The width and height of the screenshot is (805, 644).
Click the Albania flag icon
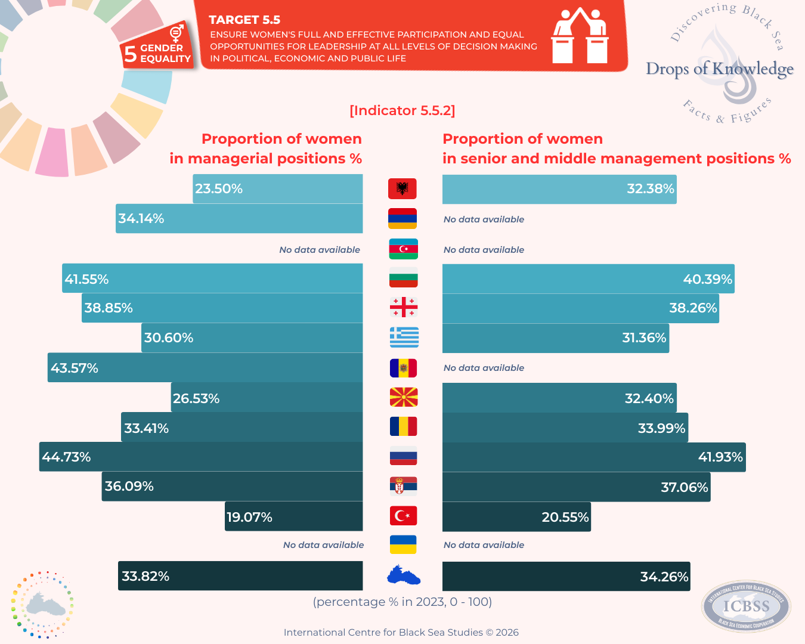click(x=402, y=188)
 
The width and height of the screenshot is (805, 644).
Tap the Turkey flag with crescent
click(x=403, y=516)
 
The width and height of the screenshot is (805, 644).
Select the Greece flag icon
click(x=404, y=338)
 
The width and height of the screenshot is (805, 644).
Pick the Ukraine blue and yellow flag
click(x=403, y=544)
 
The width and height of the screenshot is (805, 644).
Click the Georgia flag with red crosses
click(x=404, y=307)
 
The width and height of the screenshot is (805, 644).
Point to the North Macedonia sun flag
click(x=404, y=397)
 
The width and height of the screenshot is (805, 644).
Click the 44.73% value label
click(x=66, y=457)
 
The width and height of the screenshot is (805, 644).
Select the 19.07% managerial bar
click(x=294, y=516)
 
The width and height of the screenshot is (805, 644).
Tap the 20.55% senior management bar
click(x=516, y=517)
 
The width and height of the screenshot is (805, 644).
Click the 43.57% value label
click(x=75, y=368)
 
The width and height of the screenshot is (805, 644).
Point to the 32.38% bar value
click(x=650, y=189)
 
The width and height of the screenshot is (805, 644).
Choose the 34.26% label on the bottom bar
click(x=664, y=577)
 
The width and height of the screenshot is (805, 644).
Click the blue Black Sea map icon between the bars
click(x=404, y=576)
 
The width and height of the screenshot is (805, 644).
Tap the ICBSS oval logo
click(x=746, y=606)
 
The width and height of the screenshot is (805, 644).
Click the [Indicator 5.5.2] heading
click(x=402, y=110)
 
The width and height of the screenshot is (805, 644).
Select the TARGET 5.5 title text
click(x=244, y=20)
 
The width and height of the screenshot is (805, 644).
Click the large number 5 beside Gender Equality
click(x=130, y=54)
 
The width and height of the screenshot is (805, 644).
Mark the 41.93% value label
click(x=720, y=457)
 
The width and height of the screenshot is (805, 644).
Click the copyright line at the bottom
click(x=401, y=632)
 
